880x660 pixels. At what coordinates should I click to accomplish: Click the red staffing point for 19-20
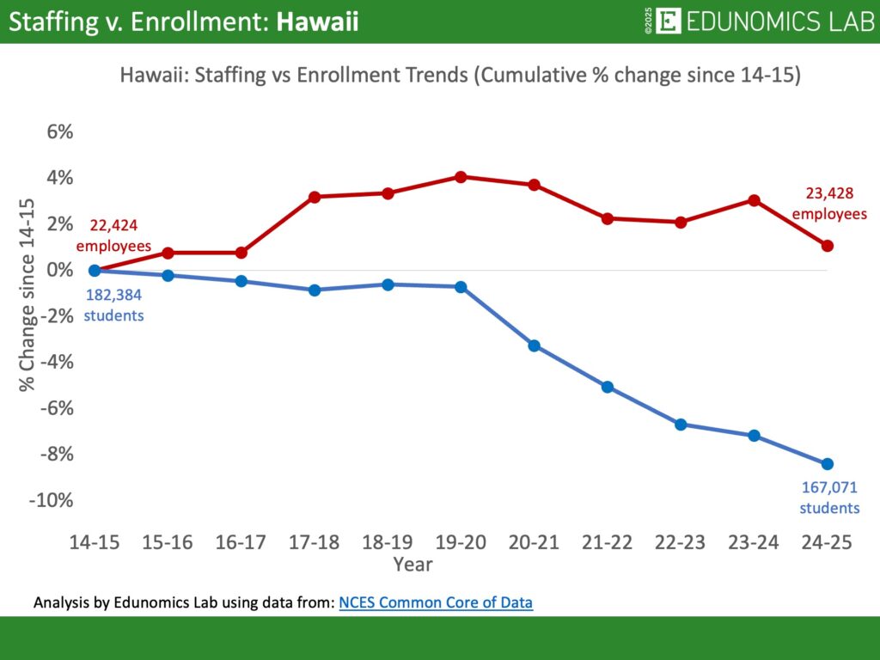pyautogui.click(x=461, y=177)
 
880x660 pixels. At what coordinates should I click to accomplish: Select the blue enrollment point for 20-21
pyautogui.click(x=534, y=345)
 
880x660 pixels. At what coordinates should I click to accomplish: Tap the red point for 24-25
pyautogui.click(x=828, y=246)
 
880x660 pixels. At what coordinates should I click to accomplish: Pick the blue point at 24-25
pyautogui.click(x=828, y=464)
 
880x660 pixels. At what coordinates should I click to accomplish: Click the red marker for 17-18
pyautogui.click(x=315, y=197)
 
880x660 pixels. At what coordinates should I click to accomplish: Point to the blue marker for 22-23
pyautogui.click(x=681, y=425)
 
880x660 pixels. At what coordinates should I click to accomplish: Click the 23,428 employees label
pyautogui.click(x=829, y=204)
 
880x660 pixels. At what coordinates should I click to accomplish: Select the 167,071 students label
pyautogui.click(x=829, y=498)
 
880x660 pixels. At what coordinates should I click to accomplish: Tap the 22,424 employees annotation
pyautogui.click(x=113, y=235)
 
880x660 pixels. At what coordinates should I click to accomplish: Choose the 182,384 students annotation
pyautogui.click(x=113, y=305)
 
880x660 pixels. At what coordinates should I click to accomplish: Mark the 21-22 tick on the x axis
pyautogui.click(x=608, y=543)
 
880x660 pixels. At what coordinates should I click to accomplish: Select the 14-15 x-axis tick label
pyautogui.click(x=95, y=543)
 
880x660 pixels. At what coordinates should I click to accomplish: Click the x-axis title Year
pyautogui.click(x=412, y=565)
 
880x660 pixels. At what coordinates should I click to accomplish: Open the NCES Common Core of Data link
pyautogui.click(x=436, y=602)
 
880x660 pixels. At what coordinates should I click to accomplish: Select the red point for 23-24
pyautogui.click(x=754, y=200)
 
